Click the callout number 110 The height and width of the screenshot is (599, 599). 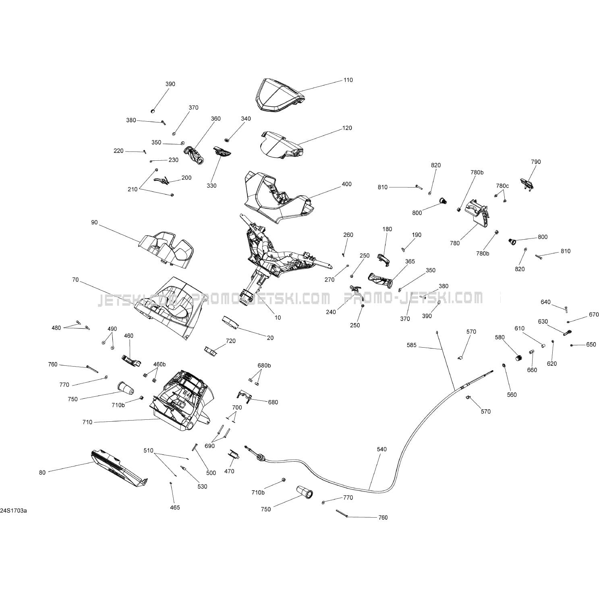[348, 80]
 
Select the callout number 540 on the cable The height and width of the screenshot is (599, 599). [381, 449]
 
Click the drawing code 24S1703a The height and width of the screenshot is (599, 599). [13, 511]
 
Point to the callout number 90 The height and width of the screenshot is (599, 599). [94, 222]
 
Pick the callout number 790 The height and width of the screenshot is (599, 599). [536, 162]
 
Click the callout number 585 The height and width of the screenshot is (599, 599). [412, 345]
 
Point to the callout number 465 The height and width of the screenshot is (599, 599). [175, 508]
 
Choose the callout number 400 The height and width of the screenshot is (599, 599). [346, 184]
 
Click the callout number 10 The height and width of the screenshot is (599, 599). [278, 317]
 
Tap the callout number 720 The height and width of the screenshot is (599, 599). [230, 341]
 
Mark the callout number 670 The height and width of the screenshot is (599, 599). [594, 315]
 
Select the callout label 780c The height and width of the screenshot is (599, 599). [502, 186]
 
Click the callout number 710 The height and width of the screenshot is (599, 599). [87, 422]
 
